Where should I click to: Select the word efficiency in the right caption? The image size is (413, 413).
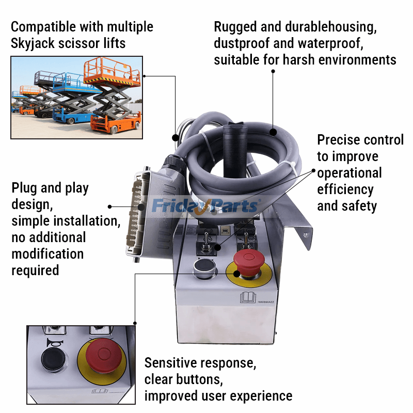click(x=345, y=189)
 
